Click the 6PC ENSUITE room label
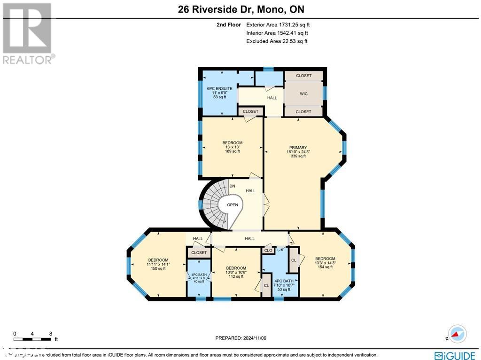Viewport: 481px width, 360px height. tap(219, 88)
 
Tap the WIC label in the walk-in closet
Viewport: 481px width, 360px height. tap(304, 94)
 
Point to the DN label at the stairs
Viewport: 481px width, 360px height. tap(232, 186)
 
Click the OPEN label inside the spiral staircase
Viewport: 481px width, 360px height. tap(232, 205)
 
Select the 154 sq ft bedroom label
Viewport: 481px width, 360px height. tap(325, 263)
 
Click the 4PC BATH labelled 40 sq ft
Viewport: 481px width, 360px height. tap(198, 278)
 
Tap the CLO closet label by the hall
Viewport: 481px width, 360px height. tap(268, 251)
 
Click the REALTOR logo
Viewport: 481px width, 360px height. tap(28, 33)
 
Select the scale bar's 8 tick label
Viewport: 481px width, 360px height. tap(51, 334)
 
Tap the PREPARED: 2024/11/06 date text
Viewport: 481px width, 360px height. tap(240, 338)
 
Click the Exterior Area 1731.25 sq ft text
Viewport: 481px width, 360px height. tap(277, 24)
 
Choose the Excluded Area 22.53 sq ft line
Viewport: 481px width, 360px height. tap(277, 41)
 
